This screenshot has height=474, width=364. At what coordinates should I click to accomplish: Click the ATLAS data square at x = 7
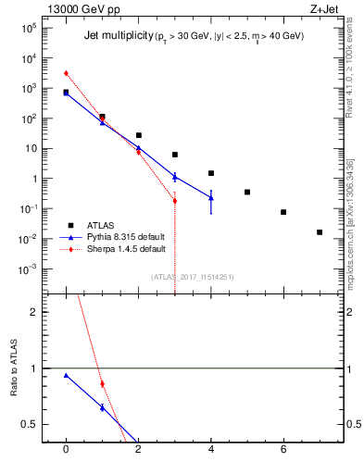pyautogui.click(x=320, y=232)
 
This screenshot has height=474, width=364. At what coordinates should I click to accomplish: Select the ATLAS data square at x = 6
pyautogui.click(x=283, y=212)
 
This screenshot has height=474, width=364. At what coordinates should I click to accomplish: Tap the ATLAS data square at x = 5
pyautogui.click(x=247, y=192)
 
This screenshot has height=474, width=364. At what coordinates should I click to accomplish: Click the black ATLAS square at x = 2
pyautogui.click(x=138, y=135)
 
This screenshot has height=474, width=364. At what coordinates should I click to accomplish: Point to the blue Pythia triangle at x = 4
pyautogui.click(x=211, y=197)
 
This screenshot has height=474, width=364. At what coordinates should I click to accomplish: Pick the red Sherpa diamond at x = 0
pyautogui.click(x=66, y=73)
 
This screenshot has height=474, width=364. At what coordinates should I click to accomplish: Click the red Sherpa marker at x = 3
pyautogui.click(x=174, y=200)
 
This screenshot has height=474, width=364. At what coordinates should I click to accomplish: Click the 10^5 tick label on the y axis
pyautogui.click(x=29, y=29)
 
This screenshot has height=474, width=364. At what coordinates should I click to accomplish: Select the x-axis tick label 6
pyautogui.click(x=283, y=449)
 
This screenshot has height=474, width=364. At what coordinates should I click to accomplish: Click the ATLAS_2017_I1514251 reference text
pyautogui.click(x=193, y=277)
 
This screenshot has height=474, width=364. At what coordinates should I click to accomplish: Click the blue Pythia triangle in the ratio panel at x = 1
pyautogui.click(x=102, y=407)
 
